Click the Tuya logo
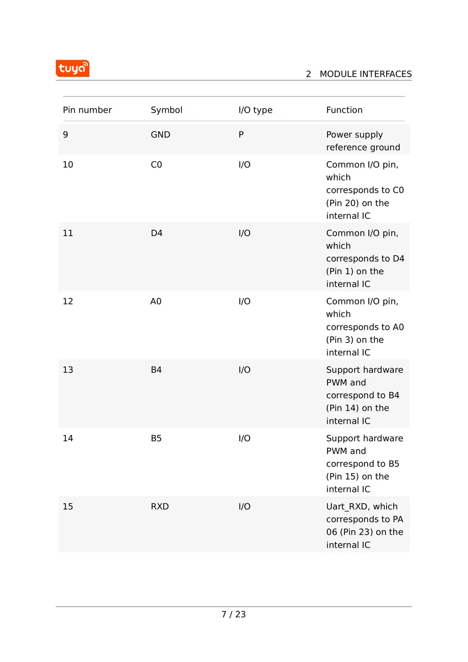(x=72, y=69)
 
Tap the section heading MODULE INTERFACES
(x=365, y=74)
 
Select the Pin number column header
(x=87, y=110)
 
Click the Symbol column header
(x=166, y=110)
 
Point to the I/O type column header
(x=255, y=110)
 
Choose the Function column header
(x=344, y=110)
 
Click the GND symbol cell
(x=160, y=135)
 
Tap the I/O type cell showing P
(x=241, y=135)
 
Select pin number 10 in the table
(x=68, y=165)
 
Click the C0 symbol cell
(x=156, y=165)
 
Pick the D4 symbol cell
(x=156, y=233)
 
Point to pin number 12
(x=68, y=302)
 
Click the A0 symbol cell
(x=156, y=302)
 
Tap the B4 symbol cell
(x=156, y=370)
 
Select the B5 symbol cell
(x=156, y=438)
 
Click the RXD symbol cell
(x=160, y=506)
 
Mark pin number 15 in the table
(x=68, y=506)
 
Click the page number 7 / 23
(x=234, y=614)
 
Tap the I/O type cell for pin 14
(x=244, y=438)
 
